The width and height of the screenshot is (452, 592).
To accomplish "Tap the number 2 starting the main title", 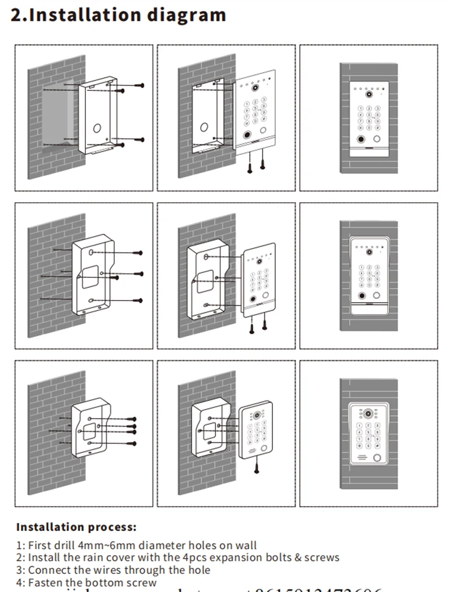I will (x=17, y=15).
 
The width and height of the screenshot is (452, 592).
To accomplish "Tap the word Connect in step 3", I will (x=47, y=570).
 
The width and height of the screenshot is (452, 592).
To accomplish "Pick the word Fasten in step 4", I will (x=45, y=582).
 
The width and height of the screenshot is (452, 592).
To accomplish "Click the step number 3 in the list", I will (x=19, y=570).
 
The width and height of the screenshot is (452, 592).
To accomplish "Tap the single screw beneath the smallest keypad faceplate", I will (x=257, y=465).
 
